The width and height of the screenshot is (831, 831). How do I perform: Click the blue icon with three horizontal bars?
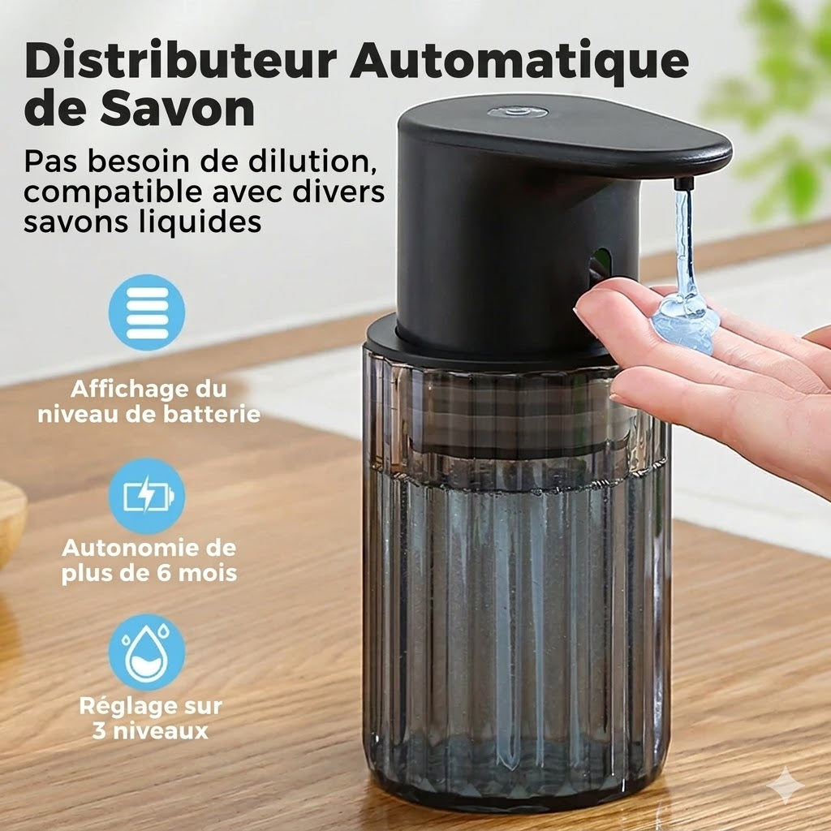[x=147, y=312]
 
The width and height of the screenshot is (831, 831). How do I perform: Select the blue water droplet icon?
[x=147, y=652]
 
